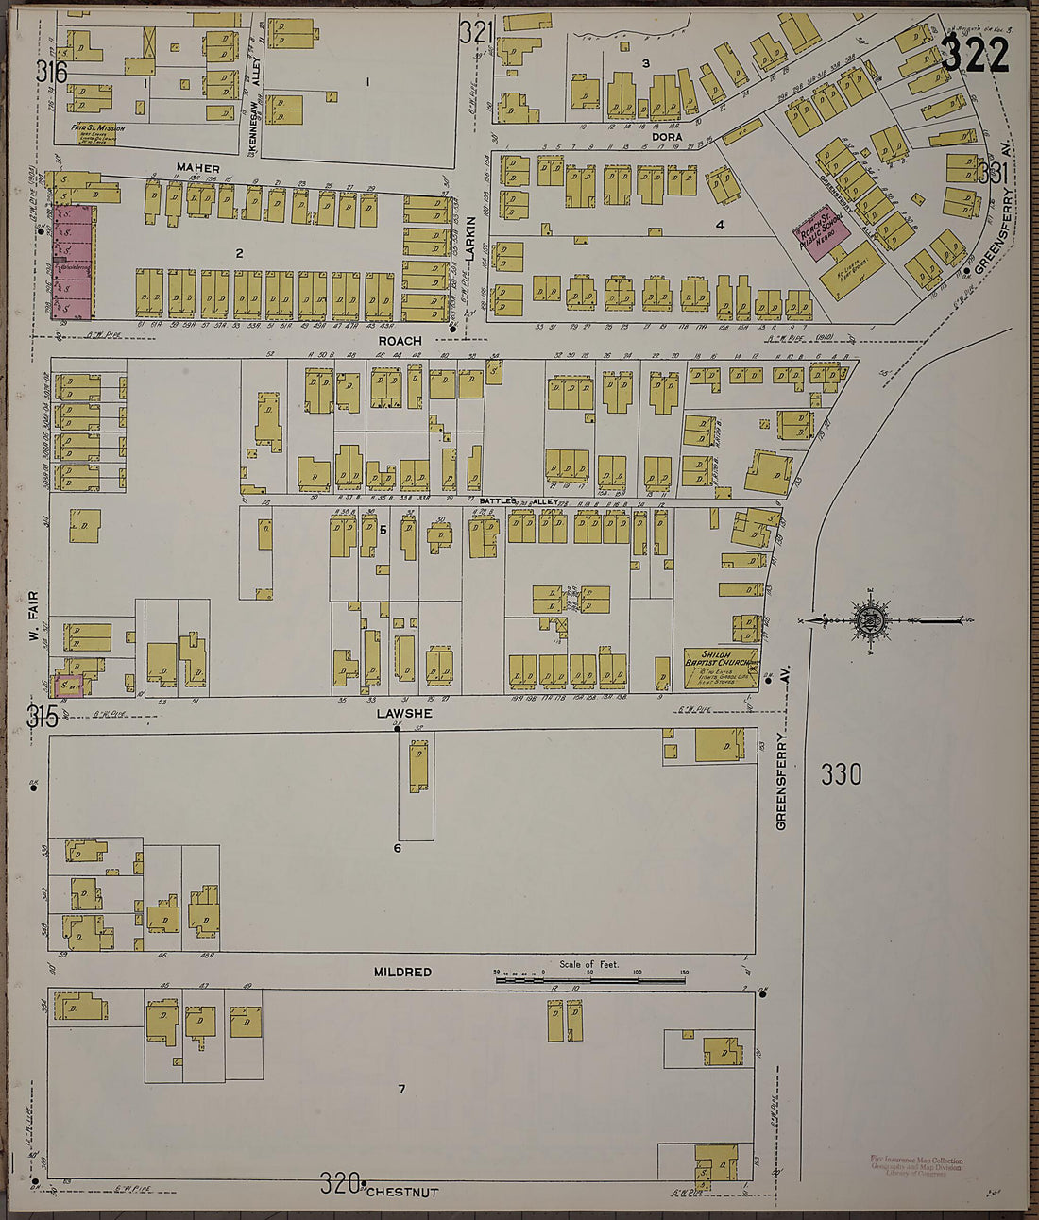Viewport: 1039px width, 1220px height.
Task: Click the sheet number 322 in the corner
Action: tap(975, 57)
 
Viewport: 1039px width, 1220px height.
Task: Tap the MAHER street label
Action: tap(197, 168)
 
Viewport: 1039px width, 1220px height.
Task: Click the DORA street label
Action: tap(667, 137)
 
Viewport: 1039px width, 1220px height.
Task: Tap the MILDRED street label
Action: tap(402, 972)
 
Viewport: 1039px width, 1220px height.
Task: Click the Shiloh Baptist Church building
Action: tap(722, 666)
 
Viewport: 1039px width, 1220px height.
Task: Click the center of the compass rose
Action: tap(869, 620)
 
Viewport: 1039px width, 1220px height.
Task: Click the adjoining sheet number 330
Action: tap(841, 774)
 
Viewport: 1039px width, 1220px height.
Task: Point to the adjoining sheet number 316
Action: tap(52, 71)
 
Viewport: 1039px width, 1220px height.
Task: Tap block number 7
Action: tap(401, 1089)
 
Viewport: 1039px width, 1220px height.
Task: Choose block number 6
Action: tap(398, 848)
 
